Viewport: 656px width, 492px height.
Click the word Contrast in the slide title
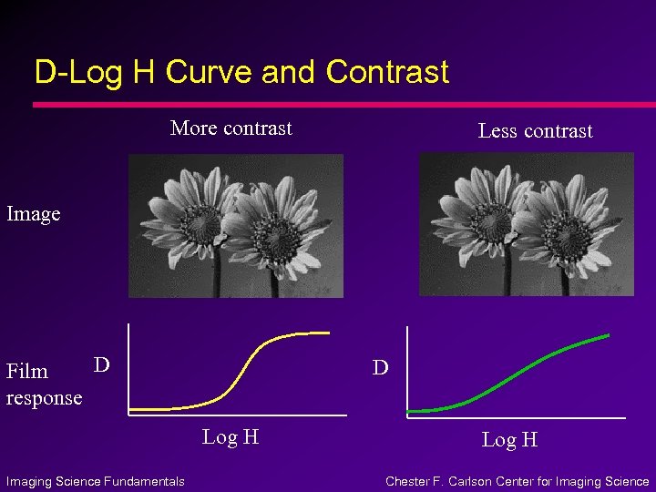[x=387, y=72]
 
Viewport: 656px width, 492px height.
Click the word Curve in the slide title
[x=210, y=72]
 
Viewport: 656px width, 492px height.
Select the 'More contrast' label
[x=231, y=128]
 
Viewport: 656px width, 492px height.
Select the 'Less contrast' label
[x=535, y=131]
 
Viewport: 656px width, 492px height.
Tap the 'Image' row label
[x=34, y=214]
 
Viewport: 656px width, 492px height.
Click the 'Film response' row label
[x=43, y=384]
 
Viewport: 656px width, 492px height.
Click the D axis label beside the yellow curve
[x=102, y=365]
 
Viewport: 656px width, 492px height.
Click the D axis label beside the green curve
[x=381, y=368]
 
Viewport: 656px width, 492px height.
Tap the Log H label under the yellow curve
[x=231, y=437]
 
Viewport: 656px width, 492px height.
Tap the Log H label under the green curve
[x=509, y=440]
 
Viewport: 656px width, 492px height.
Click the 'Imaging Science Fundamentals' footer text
[x=96, y=481]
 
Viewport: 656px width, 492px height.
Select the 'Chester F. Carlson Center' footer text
[x=517, y=481]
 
